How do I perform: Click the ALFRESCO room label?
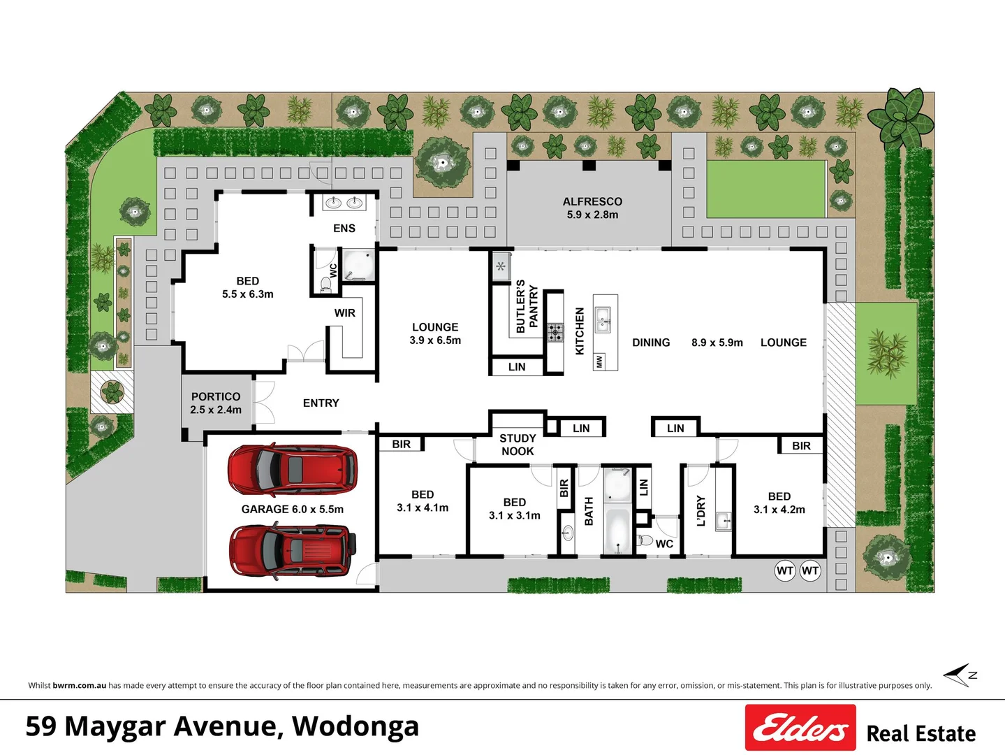pos(592,208)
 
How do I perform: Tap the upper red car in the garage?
pos(292,470)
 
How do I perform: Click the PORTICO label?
pos(216,403)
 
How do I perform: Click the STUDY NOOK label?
pos(518,445)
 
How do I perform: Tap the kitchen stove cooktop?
pos(555,332)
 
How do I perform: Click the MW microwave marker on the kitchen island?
pos(599,361)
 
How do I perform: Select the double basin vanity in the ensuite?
pos(344,203)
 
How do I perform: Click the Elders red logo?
pos(800,728)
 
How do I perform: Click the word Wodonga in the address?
pos(355,726)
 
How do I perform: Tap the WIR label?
pos(344,312)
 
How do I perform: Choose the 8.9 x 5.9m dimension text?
pos(717,343)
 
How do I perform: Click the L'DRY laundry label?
pos(701,510)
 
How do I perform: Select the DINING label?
pos(651,343)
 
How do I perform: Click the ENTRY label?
pos(321,403)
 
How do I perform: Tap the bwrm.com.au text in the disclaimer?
pos(80,685)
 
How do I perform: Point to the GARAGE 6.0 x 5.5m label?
pos(293,509)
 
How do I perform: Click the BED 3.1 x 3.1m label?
pos(515,509)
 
